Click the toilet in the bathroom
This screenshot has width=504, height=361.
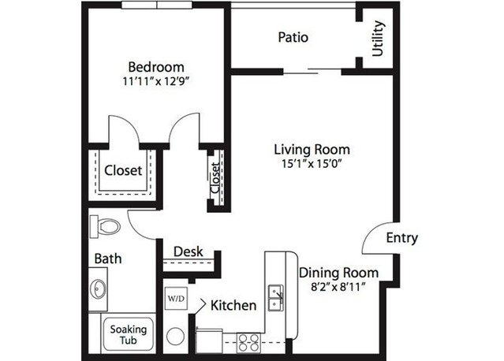(x=105, y=227)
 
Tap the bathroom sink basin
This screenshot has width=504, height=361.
(x=97, y=289)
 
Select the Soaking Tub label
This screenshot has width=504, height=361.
(x=129, y=335)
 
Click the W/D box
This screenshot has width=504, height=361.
(x=176, y=299)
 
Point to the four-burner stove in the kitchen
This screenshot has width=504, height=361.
(x=248, y=343)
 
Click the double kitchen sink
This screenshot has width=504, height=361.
(x=276, y=298)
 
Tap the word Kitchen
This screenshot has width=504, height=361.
(x=233, y=305)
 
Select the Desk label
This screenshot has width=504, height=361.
(x=188, y=251)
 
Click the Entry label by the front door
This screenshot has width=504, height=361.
(x=401, y=238)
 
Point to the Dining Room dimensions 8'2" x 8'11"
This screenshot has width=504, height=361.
(x=339, y=286)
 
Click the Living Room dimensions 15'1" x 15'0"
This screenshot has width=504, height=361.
(x=312, y=164)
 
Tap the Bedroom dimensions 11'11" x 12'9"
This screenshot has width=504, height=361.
(x=155, y=81)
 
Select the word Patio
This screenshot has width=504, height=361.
(x=293, y=37)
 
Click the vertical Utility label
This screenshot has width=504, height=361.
(x=378, y=38)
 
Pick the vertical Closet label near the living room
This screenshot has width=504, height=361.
(x=215, y=178)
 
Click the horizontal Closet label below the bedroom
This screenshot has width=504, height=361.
(x=123, y=170)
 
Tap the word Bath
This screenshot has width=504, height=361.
(x=108, y=259)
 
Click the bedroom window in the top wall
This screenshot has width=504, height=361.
(x=157, y=5)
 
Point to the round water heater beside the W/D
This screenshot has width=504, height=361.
(x=176, y=337)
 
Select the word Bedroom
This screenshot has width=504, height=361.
(x=156, y=67)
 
